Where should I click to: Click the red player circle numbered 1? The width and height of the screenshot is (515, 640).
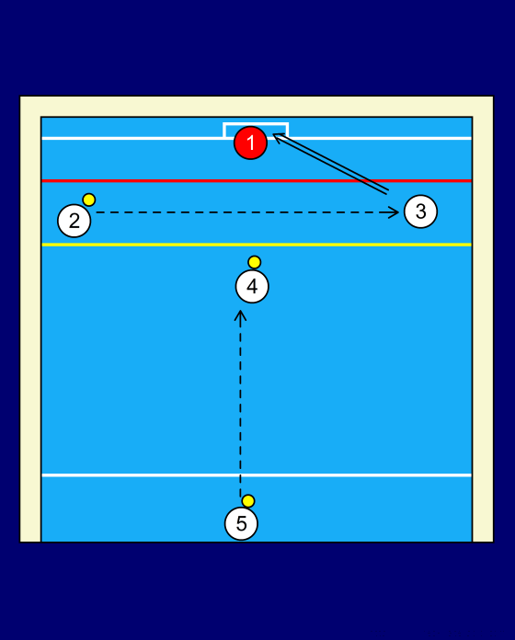[250, 143]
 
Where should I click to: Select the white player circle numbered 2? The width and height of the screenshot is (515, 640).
[74, 221]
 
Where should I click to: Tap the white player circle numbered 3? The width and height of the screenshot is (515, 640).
[420, 211]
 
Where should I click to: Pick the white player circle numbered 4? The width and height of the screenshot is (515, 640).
[252, 287]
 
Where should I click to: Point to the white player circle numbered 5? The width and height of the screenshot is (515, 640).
[241, 523]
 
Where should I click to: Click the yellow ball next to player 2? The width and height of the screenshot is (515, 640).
[89, 200]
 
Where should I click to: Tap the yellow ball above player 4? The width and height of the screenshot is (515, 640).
[254, 262]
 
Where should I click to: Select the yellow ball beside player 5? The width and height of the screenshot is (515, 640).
[248, 501]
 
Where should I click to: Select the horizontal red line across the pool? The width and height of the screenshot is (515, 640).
[257, 180]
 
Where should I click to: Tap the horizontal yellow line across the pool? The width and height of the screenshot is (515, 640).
[257, 245]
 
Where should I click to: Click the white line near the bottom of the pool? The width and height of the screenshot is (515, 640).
[257, 475]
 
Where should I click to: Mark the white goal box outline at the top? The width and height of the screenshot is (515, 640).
[256, 123]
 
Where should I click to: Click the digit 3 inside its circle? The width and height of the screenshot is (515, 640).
[420, 211]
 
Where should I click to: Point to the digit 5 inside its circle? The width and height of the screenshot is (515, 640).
[241, 523]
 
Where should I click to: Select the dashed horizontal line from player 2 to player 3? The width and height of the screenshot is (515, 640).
[246, 212]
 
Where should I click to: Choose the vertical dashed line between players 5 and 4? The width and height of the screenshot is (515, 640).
[240, 404]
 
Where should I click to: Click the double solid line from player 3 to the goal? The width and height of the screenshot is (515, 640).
[330, 164]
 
